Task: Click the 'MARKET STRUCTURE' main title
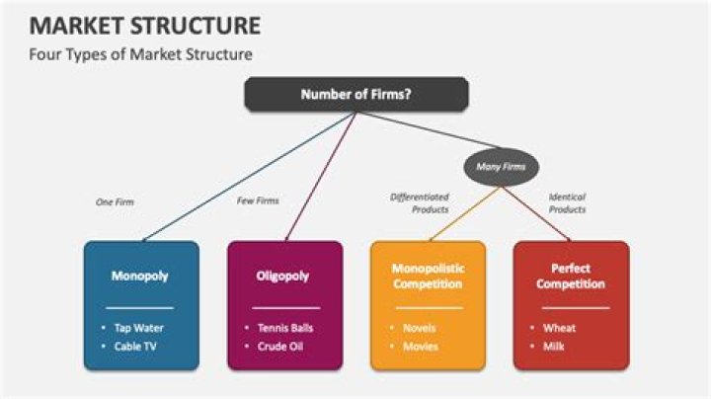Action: tap(133, 24)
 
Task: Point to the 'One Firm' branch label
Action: tap(115, 201)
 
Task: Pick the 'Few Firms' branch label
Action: tap(258, 200)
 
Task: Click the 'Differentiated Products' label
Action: tap(420, 203)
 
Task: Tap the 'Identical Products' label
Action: tap(567, 203)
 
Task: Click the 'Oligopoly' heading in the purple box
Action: tap(284, 277)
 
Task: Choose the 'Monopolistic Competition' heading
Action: tap(428, 276)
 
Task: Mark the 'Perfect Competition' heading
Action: tap(571, 276)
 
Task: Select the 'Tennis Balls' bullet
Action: tap(285, 328)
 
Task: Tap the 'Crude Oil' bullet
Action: tap(281, 346)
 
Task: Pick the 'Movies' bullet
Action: tap(420, 346)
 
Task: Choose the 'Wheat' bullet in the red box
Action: tap(559, 328)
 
